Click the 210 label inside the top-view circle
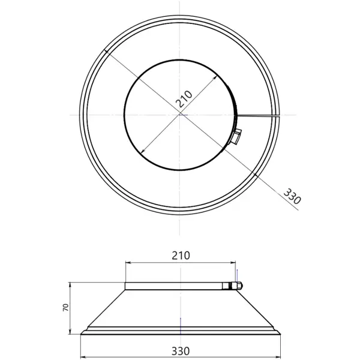pos(184,99)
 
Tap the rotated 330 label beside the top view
pos(292,196)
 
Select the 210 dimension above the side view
pos(181,256)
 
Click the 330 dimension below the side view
pos(181,351)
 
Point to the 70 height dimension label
pos(65,307)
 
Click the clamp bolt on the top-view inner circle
pos(237,136)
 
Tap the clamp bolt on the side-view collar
pos(236,286)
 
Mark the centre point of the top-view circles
pos(180,115)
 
